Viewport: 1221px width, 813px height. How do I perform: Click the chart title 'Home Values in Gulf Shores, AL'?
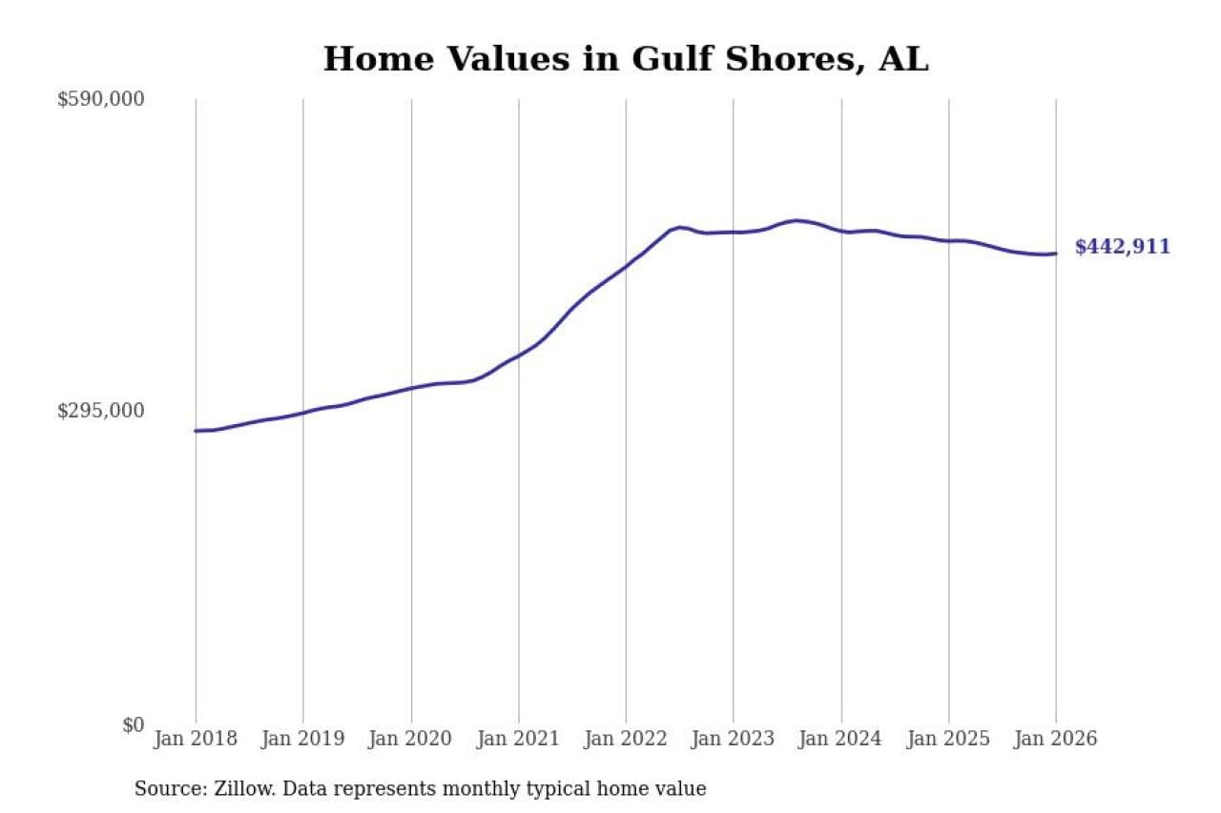[626, 59]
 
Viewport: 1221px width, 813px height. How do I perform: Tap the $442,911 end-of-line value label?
[1122, 248]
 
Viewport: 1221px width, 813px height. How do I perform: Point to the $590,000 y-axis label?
[101, 99]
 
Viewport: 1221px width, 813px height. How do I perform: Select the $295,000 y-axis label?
[101, 411]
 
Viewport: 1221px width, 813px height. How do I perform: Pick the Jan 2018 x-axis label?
[196, 739]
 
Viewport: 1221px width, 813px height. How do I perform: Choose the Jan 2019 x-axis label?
[303, 739]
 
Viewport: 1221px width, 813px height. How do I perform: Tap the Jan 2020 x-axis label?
[411, 739]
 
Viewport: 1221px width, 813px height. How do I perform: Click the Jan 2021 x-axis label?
[519, 739]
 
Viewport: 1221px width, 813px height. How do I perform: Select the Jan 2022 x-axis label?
[626, 739]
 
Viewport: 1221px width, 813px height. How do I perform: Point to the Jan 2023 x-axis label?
[734, 739]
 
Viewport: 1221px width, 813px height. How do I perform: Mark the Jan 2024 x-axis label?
[841, 739]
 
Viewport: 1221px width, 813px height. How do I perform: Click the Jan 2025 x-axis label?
[948, 739]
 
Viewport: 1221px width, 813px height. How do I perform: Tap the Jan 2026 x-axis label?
[1056, 739]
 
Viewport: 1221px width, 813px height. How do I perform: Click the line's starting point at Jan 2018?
[197, 431]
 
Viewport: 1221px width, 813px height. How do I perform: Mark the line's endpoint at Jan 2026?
[1055, 254]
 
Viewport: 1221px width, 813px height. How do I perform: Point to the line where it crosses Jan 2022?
[626, 266]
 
